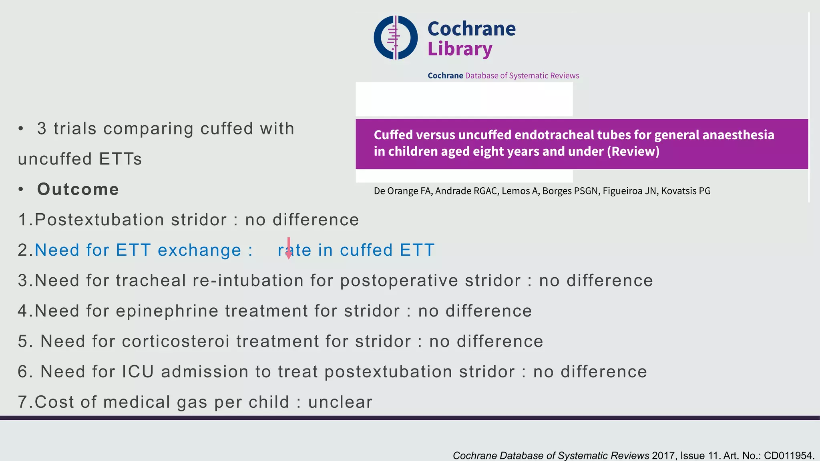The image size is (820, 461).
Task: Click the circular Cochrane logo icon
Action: (x=396, y=38)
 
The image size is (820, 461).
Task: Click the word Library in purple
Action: (x=460, y=49)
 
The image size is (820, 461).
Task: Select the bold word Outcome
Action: (x=78, y=189)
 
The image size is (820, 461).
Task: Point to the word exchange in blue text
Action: (x=199, y=251)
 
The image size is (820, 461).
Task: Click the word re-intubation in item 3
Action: (x=248, y=281)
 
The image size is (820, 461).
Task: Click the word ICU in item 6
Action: (x=138, y=372)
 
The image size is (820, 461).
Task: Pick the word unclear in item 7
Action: (x=340, y=402)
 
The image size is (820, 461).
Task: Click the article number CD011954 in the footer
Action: (x=788, y=455)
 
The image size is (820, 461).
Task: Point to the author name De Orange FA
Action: (x=402, y=191)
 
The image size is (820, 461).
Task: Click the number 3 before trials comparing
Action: (x=42, y=129)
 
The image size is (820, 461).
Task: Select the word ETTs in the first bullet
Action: (x=121, y=159)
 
